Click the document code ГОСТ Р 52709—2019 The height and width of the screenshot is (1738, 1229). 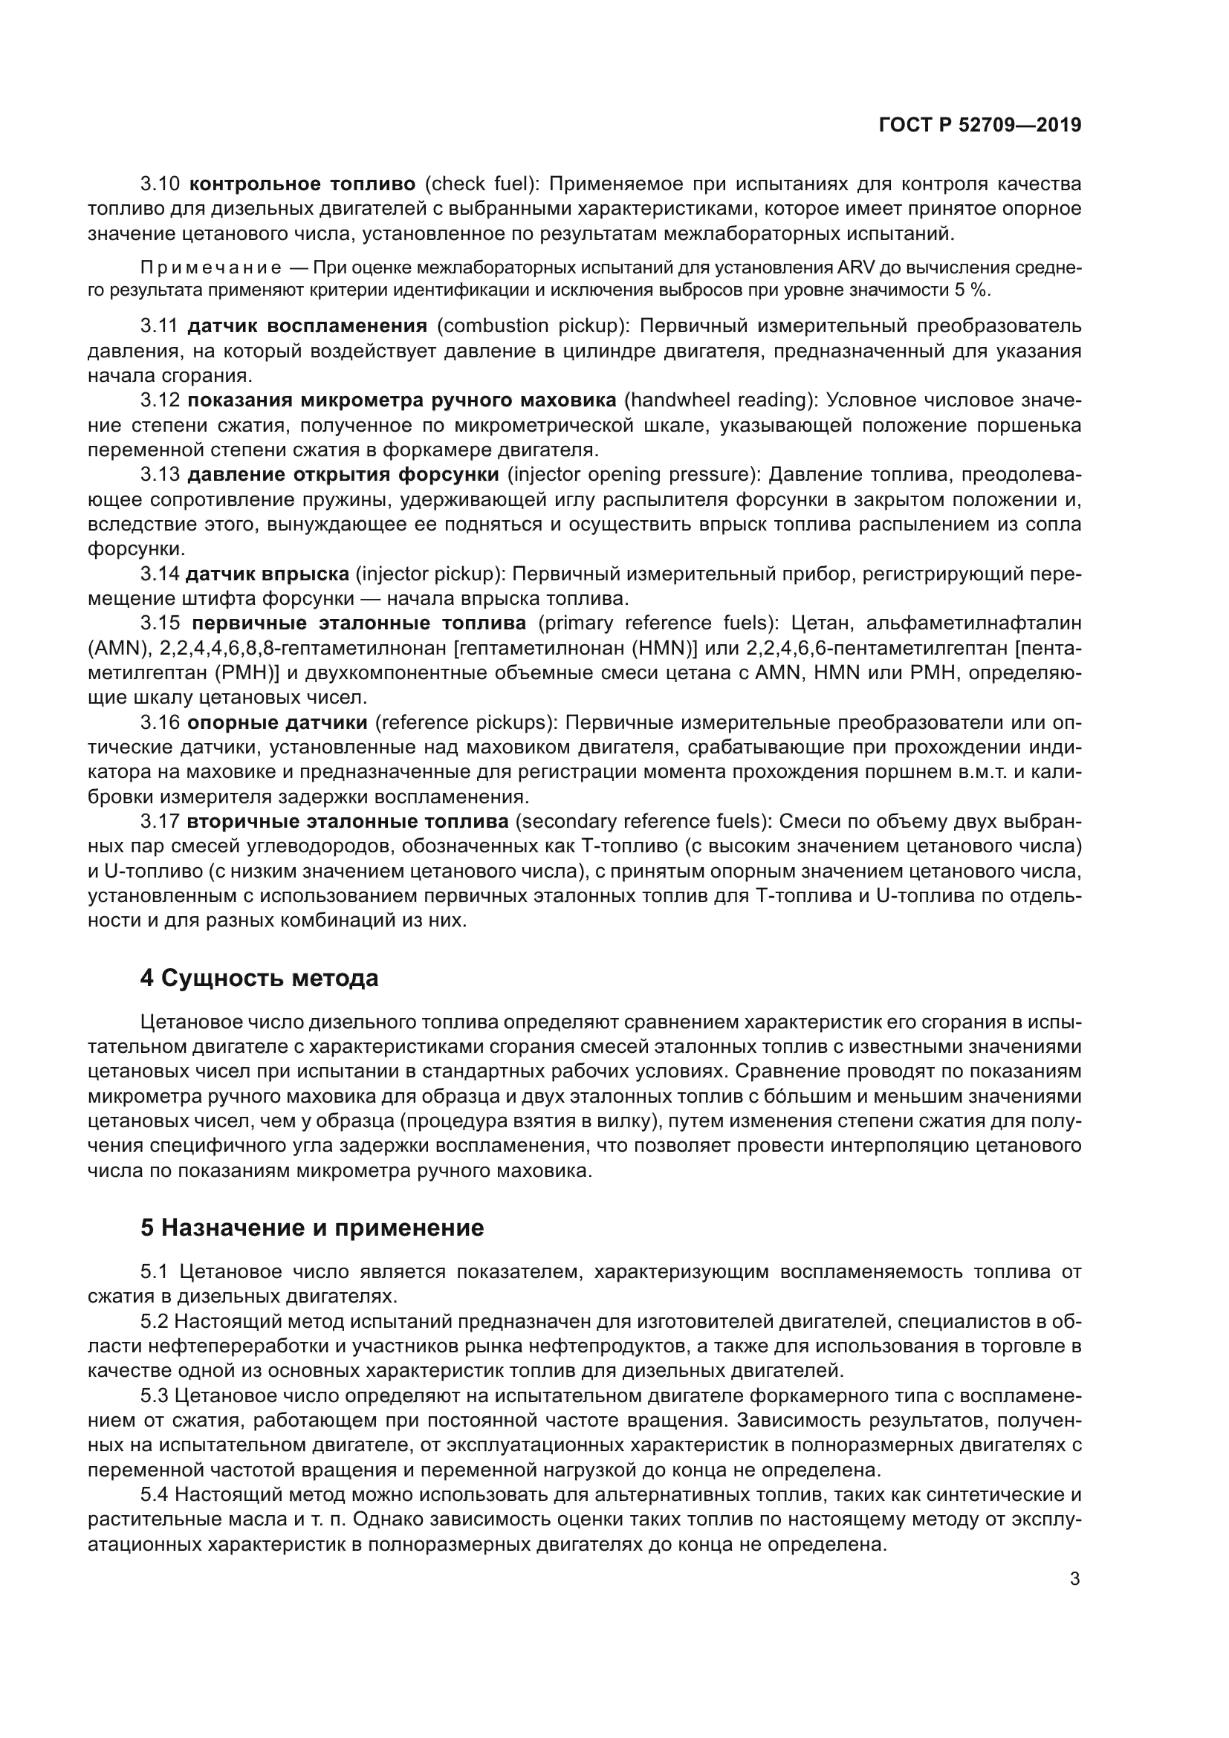980,125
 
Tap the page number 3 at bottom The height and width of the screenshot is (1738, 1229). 1074,1579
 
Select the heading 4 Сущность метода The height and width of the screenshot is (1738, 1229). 259,978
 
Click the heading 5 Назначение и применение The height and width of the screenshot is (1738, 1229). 312,1227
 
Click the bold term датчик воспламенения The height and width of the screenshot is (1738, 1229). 306,326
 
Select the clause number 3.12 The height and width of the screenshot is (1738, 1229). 160,401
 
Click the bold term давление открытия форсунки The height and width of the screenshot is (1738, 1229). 342,475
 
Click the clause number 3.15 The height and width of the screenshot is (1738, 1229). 160,623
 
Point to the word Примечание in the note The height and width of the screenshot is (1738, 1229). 211,268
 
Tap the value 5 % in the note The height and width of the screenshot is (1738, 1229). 973,291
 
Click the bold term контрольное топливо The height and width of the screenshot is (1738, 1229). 302,184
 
